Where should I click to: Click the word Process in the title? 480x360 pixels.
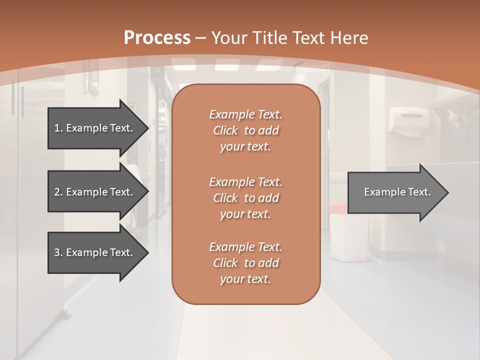[157, 38]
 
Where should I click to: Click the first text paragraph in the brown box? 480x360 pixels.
[245, 130]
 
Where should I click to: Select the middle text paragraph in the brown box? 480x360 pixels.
[245, 197]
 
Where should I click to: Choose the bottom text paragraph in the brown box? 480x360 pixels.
[245, 262]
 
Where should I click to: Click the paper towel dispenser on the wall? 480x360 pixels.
[408, 120]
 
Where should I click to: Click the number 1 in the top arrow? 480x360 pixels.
[57, 128]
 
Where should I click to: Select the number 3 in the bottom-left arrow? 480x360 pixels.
[57, 252]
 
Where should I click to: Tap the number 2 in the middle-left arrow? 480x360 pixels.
[57, 192]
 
